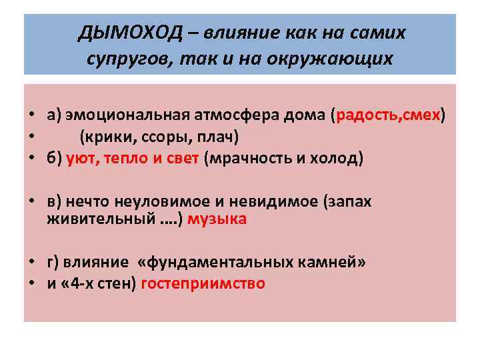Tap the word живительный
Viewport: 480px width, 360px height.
point(95,219)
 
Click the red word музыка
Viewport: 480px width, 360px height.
point(217,219)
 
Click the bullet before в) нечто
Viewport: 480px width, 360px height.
point(31,202)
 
